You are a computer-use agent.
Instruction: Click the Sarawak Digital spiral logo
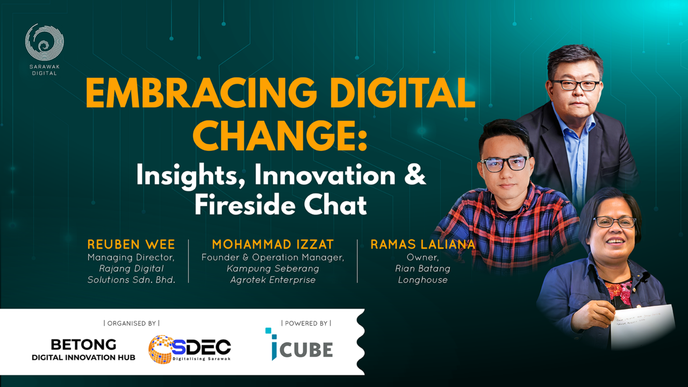click(45, 43)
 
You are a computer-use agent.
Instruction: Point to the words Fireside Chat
click(280, 205)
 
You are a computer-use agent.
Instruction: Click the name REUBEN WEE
click(131, 245)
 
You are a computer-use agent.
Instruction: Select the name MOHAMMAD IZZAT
click(272, 245)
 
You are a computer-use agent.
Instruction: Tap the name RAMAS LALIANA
click(422, 245)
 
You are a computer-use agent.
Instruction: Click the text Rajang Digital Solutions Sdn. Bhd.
click(131, 274)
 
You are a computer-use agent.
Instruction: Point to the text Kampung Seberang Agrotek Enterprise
click(272, 274)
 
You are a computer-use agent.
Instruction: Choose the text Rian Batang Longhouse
click(422, 274)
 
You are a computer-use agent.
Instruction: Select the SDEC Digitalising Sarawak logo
click(190, 349)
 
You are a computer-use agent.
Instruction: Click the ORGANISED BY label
click(132, 323)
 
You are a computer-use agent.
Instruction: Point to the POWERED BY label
click(306, 323)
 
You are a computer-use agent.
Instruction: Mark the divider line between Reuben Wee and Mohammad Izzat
click(189, 261)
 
